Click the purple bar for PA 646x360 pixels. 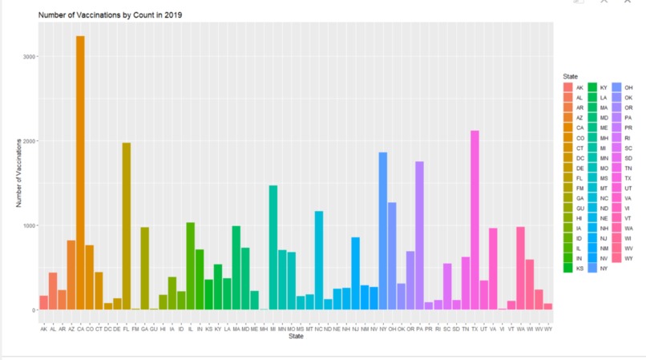click(x=419, y=236)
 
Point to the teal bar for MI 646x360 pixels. click(x=273, y=248)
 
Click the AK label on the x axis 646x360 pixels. click(x=44, y=329)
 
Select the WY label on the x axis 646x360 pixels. click(x=548, y=329)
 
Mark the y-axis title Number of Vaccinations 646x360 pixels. click(x=18, y=172)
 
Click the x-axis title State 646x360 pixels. click(x=296, y=338)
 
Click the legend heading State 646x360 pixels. click(x=570, y=76)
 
